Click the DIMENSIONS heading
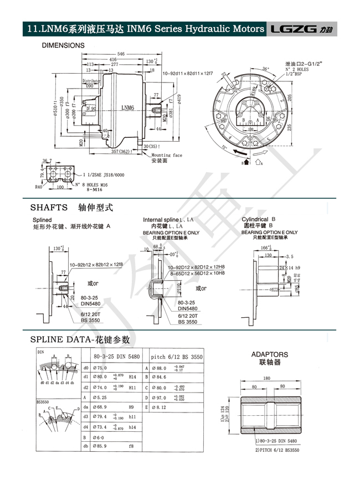pos(63,45)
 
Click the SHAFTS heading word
pos(48,208)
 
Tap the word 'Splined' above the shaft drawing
pos(43,220)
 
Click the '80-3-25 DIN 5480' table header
pos(116,357)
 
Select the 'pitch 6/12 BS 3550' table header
pos(177,357)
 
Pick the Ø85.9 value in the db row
pos(100,445)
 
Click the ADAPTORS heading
pos(270,354)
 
